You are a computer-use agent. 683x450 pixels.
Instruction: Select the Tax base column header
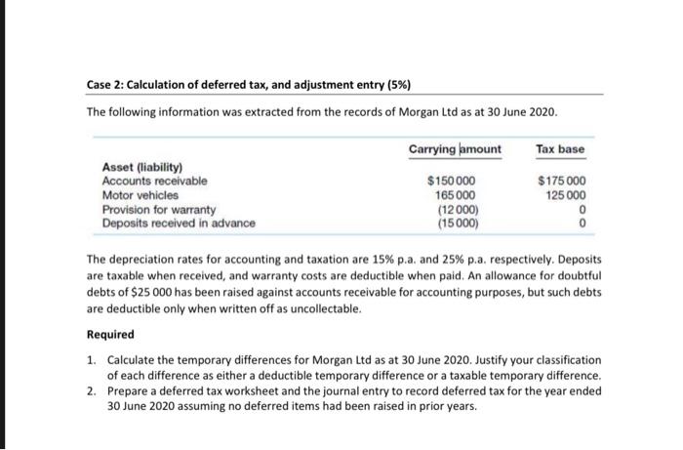coord(560,148)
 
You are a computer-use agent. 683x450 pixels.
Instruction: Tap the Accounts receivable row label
coord(154,181)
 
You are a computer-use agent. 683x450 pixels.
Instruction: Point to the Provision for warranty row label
coord(158,209)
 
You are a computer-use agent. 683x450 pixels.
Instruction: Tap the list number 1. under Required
coord(91,360)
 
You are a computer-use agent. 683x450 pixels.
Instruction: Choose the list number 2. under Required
coord(91,390)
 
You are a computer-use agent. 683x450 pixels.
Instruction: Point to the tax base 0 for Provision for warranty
coord(583,209)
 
